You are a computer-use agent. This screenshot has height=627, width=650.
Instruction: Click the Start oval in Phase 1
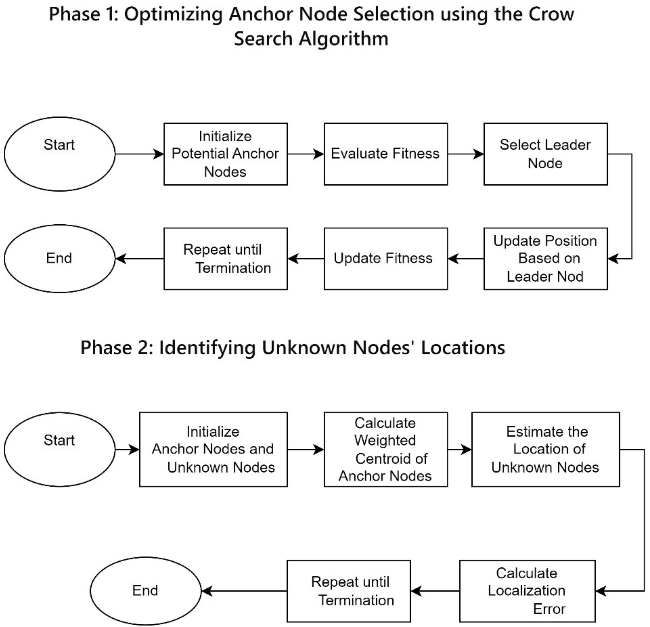point(59,154)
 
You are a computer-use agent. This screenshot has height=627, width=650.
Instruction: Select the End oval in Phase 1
point(59,259)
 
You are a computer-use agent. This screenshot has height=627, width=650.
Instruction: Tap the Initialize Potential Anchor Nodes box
point(225,154)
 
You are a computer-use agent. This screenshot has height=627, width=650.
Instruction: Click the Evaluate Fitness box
point(386,154)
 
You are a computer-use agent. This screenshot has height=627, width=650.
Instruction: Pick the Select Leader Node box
point(546,154)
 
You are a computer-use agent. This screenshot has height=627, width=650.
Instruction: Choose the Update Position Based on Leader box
point(546,259)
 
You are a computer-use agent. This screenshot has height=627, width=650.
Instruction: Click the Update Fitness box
point(386,259)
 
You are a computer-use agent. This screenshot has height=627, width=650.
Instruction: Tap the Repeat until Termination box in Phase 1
point(225,259)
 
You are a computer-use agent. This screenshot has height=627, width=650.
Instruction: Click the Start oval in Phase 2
point(59,449)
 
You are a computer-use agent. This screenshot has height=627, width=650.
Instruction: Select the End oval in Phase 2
point(145,590)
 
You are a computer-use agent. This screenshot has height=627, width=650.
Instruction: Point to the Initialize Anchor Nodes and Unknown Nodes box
point(213,449)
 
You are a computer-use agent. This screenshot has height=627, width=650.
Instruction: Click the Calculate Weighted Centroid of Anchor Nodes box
point(386,449)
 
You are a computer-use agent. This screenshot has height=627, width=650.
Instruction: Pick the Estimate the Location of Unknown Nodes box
point(546,449)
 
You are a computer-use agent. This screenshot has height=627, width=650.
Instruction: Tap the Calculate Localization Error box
point(527,591)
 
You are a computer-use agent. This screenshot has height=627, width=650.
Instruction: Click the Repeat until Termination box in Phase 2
point(349,591)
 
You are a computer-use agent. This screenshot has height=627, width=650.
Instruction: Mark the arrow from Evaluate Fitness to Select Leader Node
point(465,154)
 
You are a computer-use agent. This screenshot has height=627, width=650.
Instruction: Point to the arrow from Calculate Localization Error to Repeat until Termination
point(435,591)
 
